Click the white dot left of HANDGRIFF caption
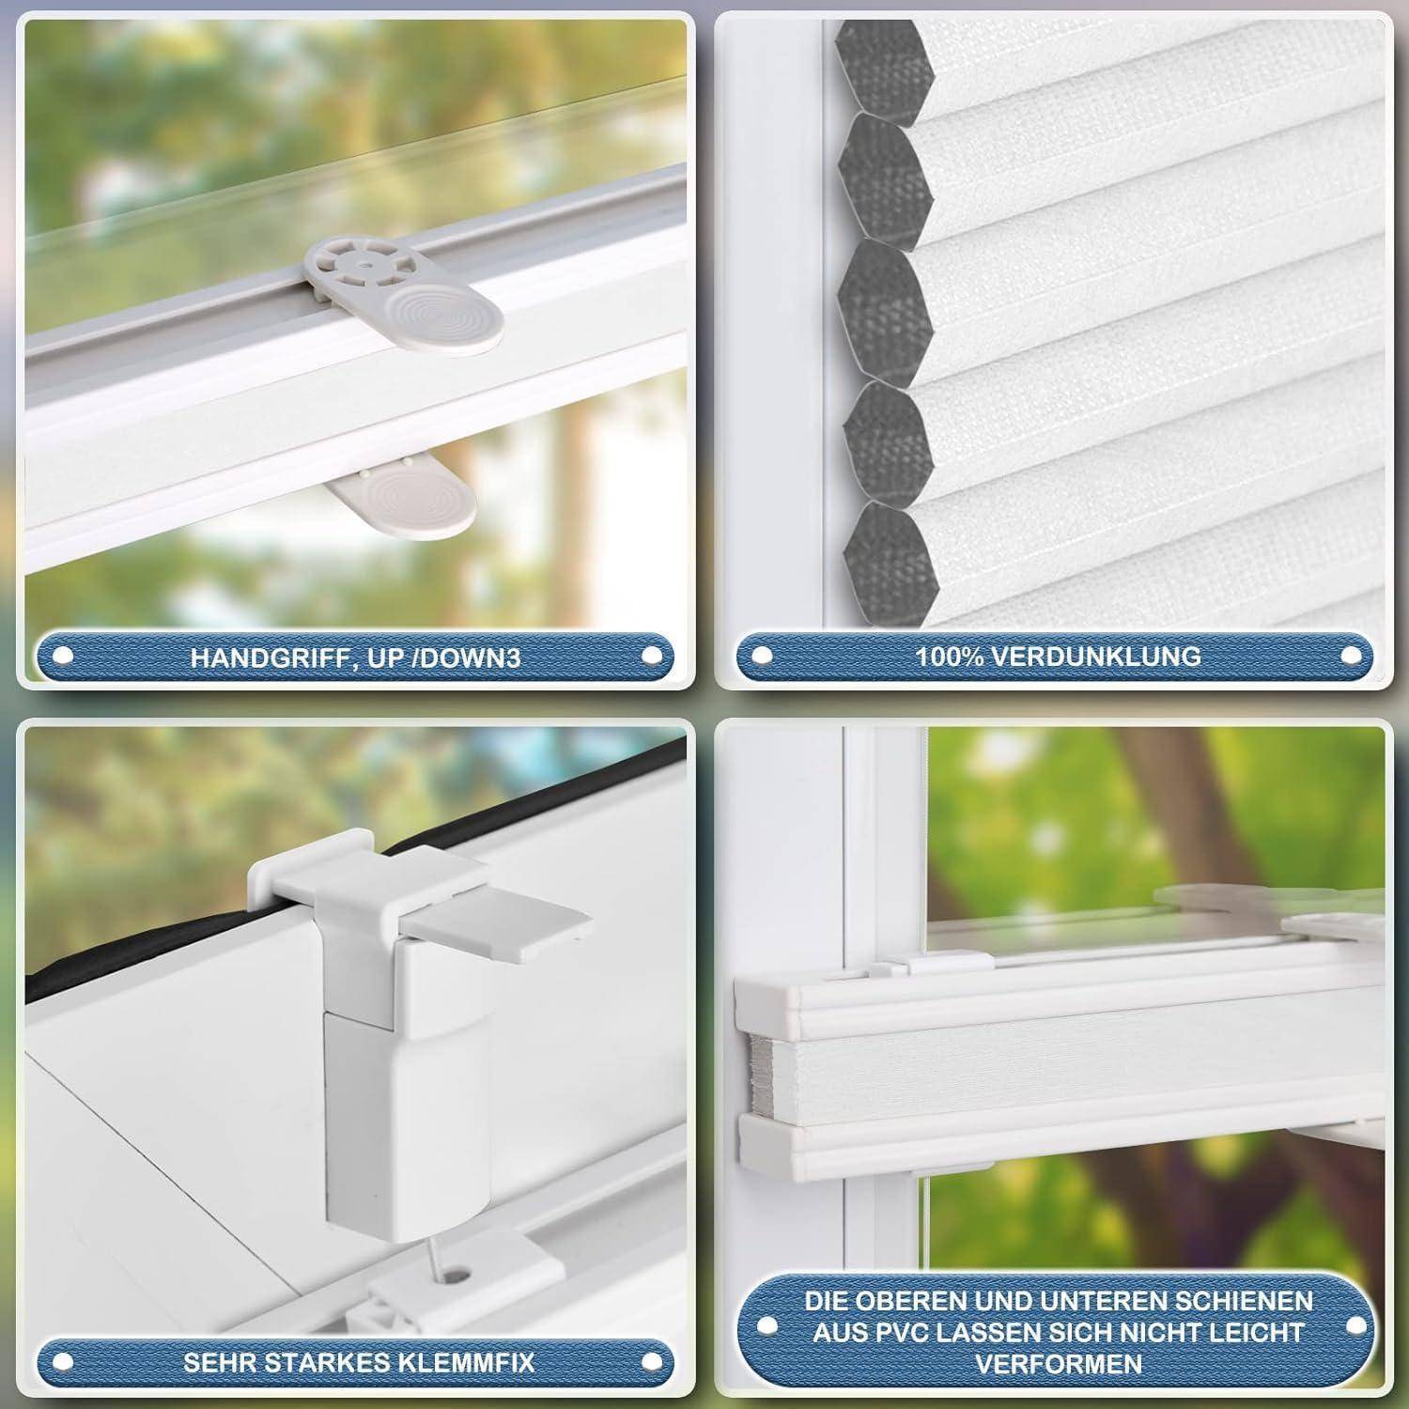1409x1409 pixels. click(x=64, y=657)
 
